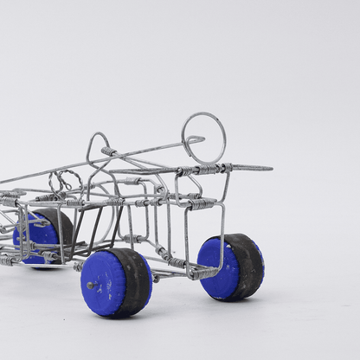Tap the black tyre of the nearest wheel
(x=137, y=282)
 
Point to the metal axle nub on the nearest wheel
(x=91, y=285)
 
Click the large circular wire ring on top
(x=203, y=136)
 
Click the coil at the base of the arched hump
(x=109, y=152)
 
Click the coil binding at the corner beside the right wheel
(x=204, y=273)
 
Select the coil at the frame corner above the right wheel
(x=202, y=202)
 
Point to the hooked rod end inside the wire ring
(x=198, y=139)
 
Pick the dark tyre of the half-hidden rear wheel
(x=62, y=227)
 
